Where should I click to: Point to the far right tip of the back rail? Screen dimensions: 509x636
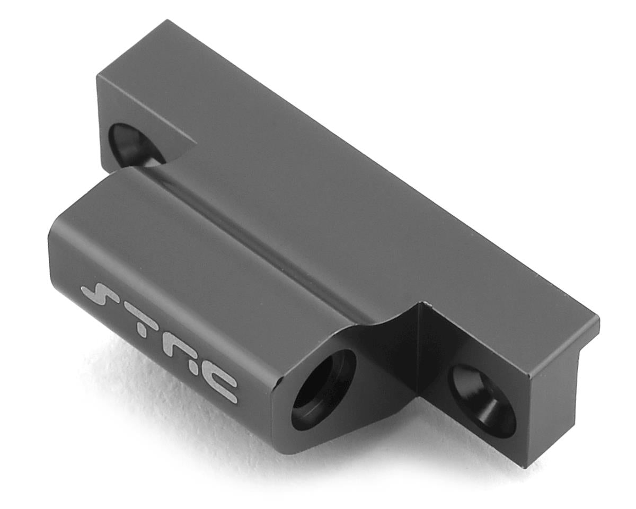[599, 318]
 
